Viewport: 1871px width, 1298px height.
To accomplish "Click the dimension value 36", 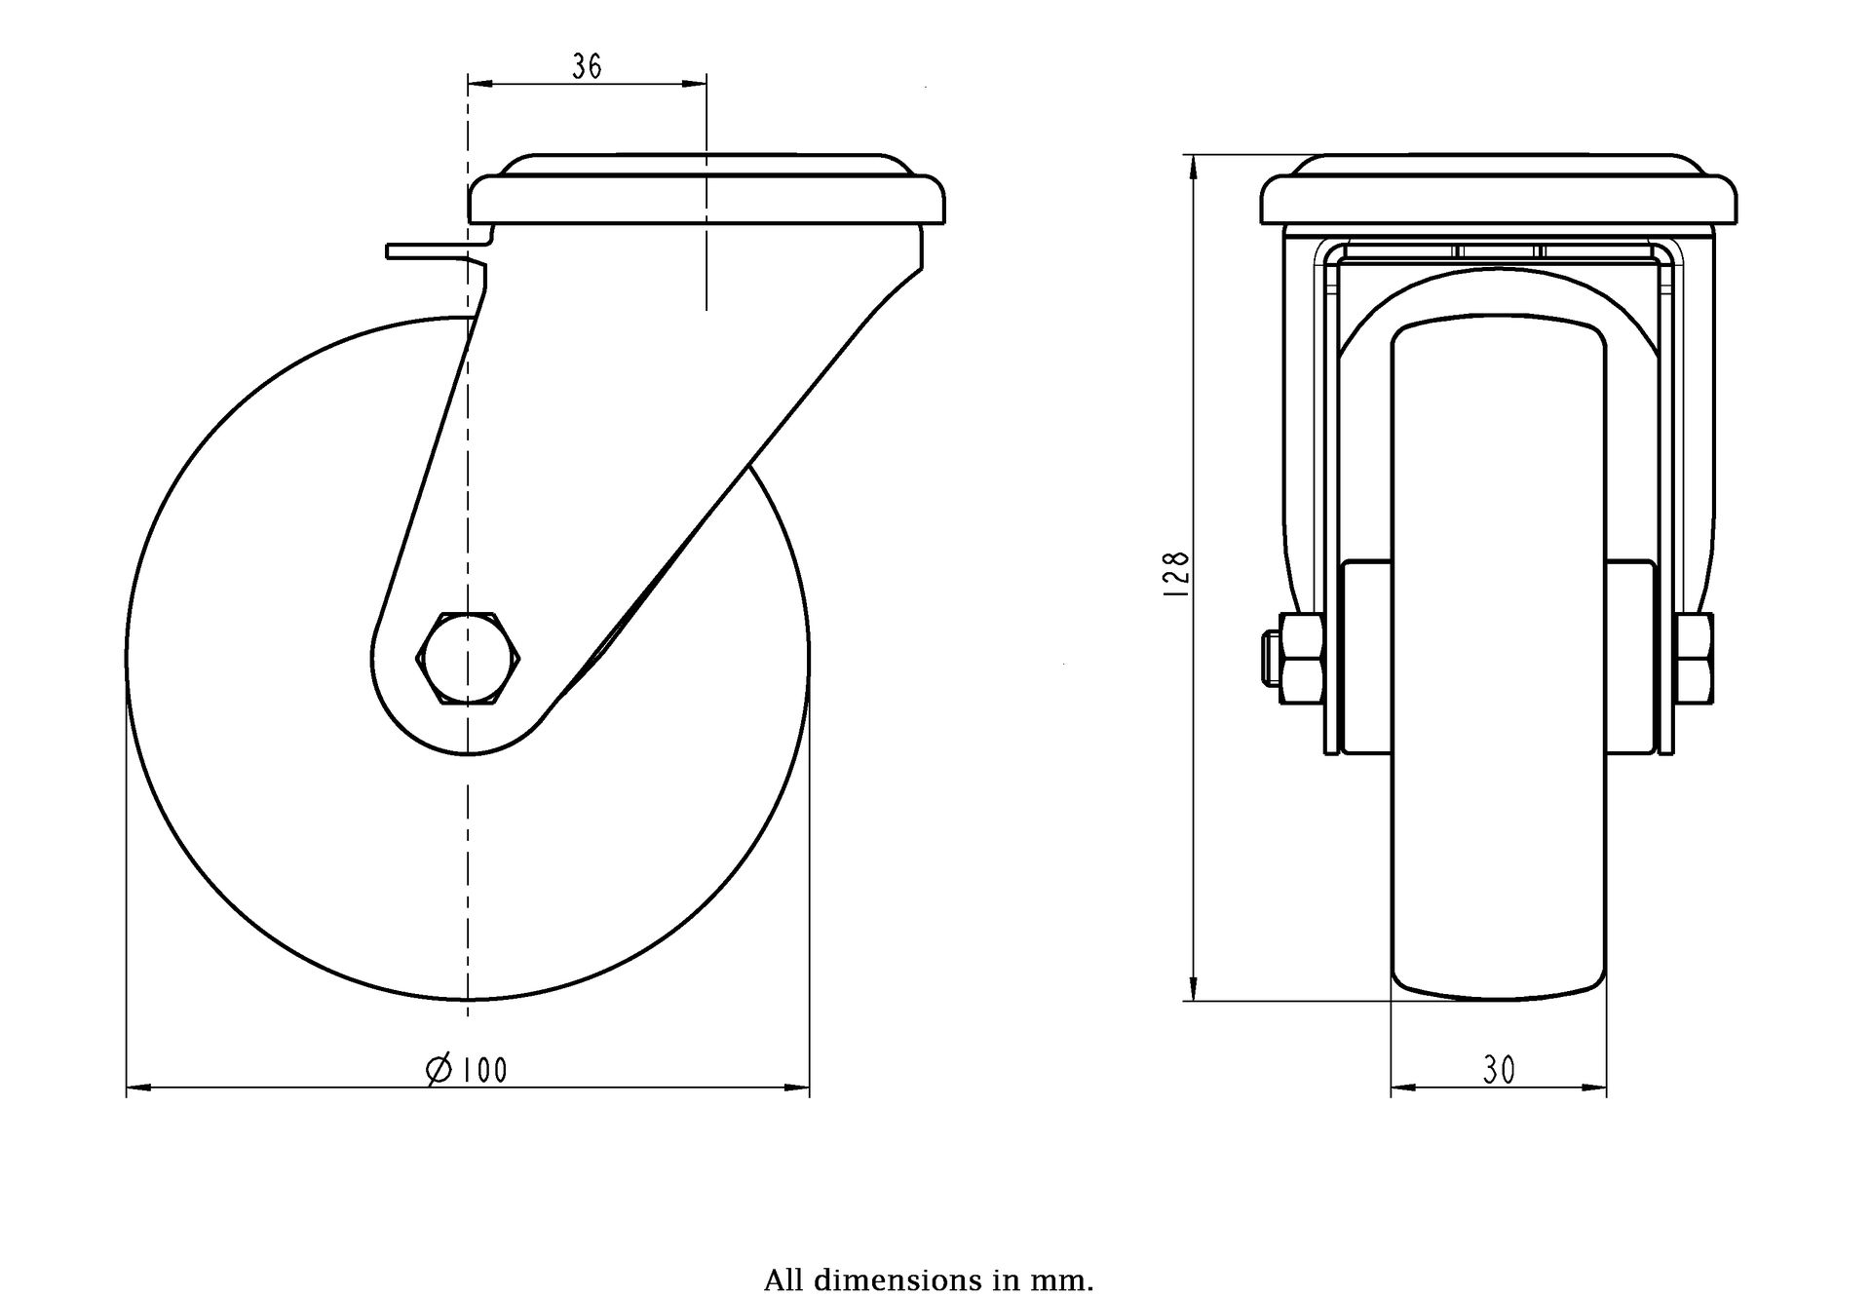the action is [x=587, y=66].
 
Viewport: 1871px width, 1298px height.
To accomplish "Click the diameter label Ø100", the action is [x=468, y=1070].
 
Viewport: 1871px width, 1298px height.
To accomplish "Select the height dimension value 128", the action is [x=1177, y=575].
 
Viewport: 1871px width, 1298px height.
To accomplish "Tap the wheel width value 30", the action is [x=1500, y=1071].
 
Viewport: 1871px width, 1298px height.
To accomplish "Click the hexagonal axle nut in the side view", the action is [x=469, y=659].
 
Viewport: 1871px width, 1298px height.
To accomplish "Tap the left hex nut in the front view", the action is [x=1300, y=658].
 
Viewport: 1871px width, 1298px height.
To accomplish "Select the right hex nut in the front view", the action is [x=1696, y=658].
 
